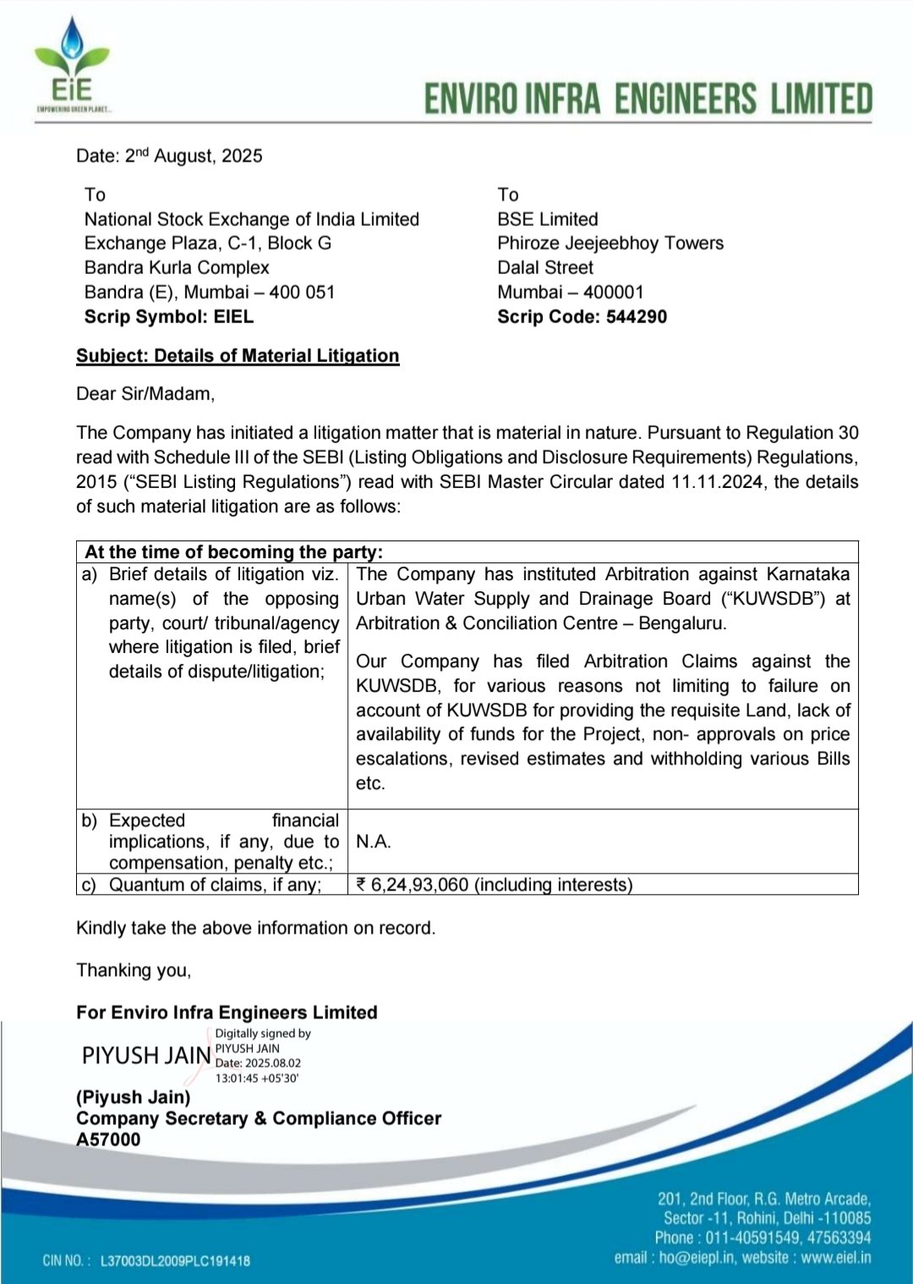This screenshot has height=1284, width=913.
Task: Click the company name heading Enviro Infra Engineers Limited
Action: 648,99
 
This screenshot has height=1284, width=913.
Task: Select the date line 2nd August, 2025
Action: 169,156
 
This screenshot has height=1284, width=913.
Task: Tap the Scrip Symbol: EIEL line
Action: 168,316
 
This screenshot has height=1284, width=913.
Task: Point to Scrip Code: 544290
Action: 582,316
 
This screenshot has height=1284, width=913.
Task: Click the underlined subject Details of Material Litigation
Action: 238,355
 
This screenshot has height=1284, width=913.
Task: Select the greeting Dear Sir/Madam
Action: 145,393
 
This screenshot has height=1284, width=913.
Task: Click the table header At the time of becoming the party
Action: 234,551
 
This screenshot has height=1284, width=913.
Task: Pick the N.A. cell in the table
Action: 373,842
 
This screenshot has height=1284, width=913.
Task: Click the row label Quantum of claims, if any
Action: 215,885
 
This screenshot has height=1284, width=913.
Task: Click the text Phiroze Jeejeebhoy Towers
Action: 610,243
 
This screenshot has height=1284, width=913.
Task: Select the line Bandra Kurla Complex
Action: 176,267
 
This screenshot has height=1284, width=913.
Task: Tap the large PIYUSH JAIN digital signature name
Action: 146,1056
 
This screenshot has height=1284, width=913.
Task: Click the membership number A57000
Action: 108,1139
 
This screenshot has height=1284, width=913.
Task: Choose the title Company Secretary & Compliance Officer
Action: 259,1118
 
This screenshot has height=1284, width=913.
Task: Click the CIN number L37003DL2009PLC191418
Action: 175,1260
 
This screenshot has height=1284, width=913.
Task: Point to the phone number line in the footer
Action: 763,1237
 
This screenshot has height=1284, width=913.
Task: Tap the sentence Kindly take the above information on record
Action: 255,928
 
